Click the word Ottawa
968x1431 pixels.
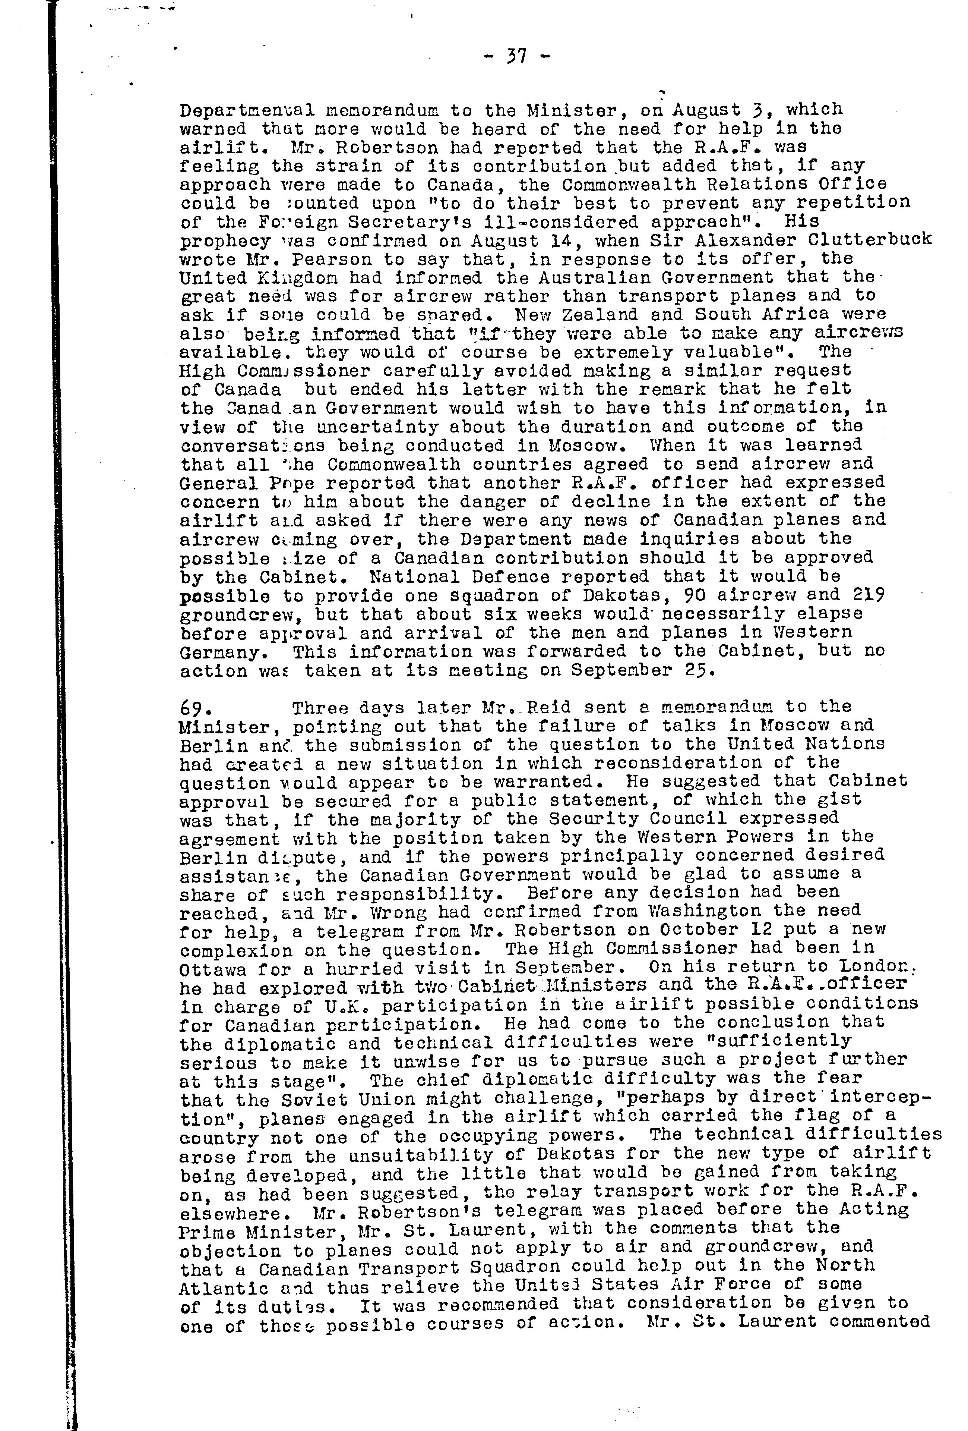coord(213,969)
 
